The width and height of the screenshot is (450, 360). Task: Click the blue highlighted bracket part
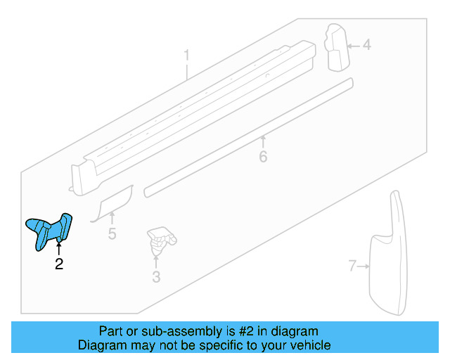(x=49, y=229)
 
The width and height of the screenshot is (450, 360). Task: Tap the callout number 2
(x=59, y=264)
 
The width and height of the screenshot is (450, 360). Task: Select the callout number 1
(x=187, y=55)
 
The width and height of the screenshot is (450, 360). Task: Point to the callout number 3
(x=156, y=278)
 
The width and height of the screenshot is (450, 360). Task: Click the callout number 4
(x=366, y=46)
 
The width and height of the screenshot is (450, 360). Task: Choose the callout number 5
(x=112, y=233)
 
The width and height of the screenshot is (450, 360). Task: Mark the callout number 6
(x=263, y=156)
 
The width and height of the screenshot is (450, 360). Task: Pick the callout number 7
(x=353, y=266)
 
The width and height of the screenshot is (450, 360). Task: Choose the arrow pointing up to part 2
(x=59, y=248)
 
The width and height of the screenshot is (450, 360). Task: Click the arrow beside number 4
(x=352, y=46)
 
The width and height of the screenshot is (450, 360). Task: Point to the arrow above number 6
(x=263, y=141)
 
